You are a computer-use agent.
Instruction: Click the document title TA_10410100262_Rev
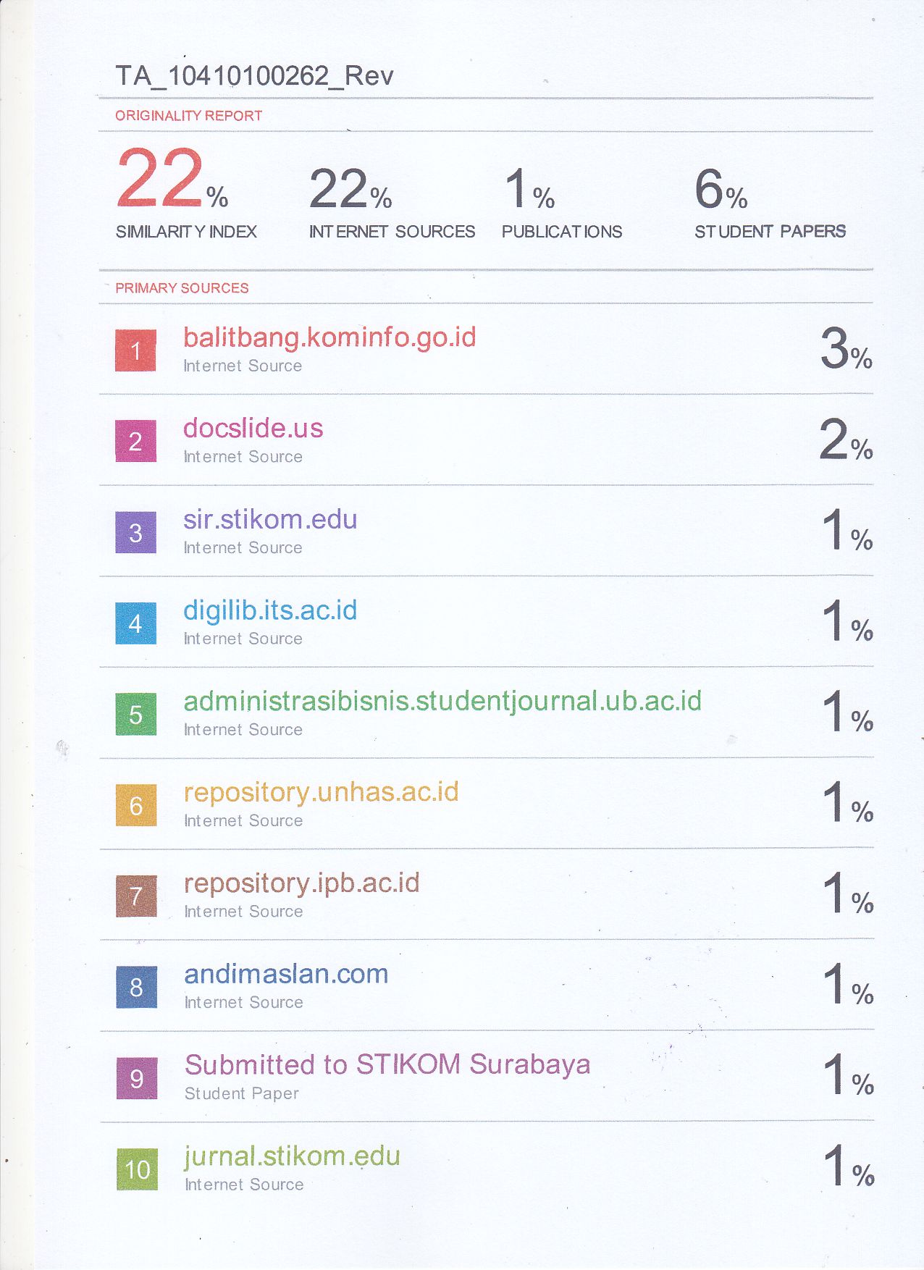tap(254, 76)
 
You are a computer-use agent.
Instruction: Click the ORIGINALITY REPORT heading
tap(188, 116)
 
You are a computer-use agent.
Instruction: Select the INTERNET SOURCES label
tap(392, 232)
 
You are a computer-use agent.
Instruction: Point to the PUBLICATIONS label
tap(562, 232)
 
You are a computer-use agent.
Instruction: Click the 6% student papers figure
tap(721, 190)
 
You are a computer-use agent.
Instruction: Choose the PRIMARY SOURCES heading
tap(182, 288)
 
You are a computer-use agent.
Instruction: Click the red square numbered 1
tap(135, 350)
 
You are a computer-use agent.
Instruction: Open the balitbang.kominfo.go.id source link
tap(329, 338)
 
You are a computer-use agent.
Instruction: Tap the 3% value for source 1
tap(845, 350)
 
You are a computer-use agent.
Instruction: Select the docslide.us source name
tap(253, 429)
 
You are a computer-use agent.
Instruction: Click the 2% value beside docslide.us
tap(845, 441)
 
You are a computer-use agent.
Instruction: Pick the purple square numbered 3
tap(135, 533)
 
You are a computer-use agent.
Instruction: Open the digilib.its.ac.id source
tap(270, 610)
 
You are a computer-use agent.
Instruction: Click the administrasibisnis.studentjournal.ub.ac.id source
tap(442, 702)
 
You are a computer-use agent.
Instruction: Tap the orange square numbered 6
tap(135, 806)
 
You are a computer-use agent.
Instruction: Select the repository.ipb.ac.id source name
tap(301, 883)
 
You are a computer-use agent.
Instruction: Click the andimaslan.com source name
tap(286, 975)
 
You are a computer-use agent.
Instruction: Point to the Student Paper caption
tap(241, 1093)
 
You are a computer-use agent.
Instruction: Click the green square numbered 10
tap(137, 1170)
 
